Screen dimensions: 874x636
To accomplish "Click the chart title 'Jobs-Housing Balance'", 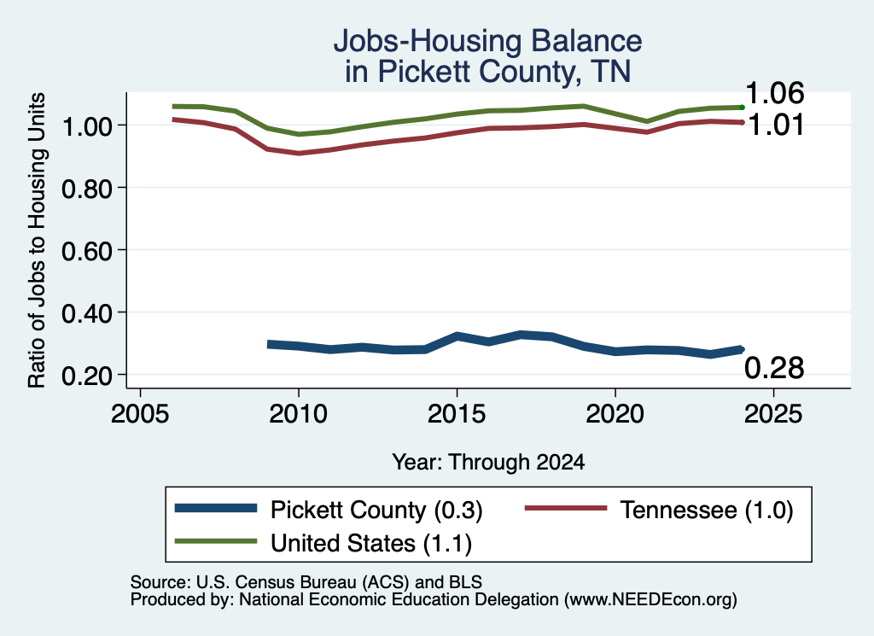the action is pos(487,41).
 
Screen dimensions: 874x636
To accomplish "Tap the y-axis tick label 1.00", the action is pos(86,126).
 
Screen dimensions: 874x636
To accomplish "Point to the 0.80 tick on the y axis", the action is pos(86,189).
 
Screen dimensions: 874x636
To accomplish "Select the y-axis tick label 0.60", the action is pos(86,251).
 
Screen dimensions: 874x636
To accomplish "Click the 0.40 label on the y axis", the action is pos(86,314).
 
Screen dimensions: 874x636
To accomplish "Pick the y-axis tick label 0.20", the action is pos(86,376).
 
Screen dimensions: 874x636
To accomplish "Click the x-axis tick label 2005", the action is pos(141,414).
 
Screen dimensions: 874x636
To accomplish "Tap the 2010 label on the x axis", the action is pos(299,414).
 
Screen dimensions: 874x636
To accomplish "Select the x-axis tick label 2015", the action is pos(457,414).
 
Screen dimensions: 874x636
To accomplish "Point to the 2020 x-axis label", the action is pos(615,414).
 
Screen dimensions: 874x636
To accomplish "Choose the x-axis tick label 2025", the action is pos(773,414).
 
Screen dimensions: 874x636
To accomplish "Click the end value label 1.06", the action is pos(774,93).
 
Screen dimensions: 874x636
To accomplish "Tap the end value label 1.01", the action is pos(775,125).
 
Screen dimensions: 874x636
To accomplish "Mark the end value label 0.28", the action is pos(774,369).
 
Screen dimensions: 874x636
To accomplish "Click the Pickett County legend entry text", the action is pos(376,510).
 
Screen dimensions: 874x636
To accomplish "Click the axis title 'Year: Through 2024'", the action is pos(488,462).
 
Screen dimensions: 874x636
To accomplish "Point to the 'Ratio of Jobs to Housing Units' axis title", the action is pos(37,240).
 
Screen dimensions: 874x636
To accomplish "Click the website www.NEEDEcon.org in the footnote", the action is pos(650,600).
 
